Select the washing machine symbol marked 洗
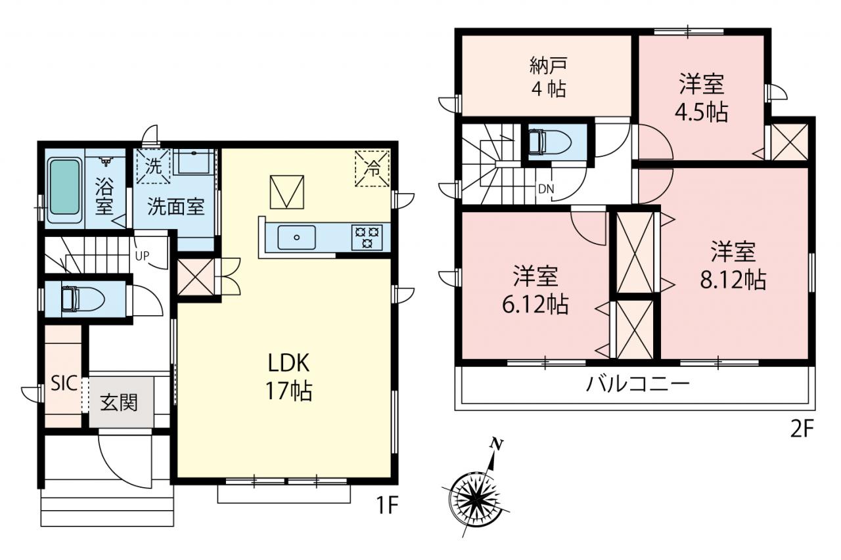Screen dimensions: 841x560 pos(153,166)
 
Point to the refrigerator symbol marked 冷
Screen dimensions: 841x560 pos(373,169)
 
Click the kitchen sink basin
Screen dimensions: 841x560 pos(296,237)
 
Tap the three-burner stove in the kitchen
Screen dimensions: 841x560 pos(367,238)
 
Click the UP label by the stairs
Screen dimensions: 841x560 pos(143,256)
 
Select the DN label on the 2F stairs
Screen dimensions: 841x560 pos(546,189)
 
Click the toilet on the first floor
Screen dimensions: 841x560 pos(83,299)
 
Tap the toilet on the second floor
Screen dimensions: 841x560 pos(550,142)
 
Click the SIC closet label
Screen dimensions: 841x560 pos(64,383)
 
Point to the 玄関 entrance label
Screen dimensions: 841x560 pos(119,402)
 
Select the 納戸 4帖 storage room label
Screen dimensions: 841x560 pos(548,77)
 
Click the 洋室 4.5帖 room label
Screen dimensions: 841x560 pos(701,98)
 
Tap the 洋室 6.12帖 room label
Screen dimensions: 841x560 pos(535,290)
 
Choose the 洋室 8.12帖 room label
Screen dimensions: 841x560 pos(733,266)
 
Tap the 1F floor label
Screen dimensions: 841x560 pos(387,507)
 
